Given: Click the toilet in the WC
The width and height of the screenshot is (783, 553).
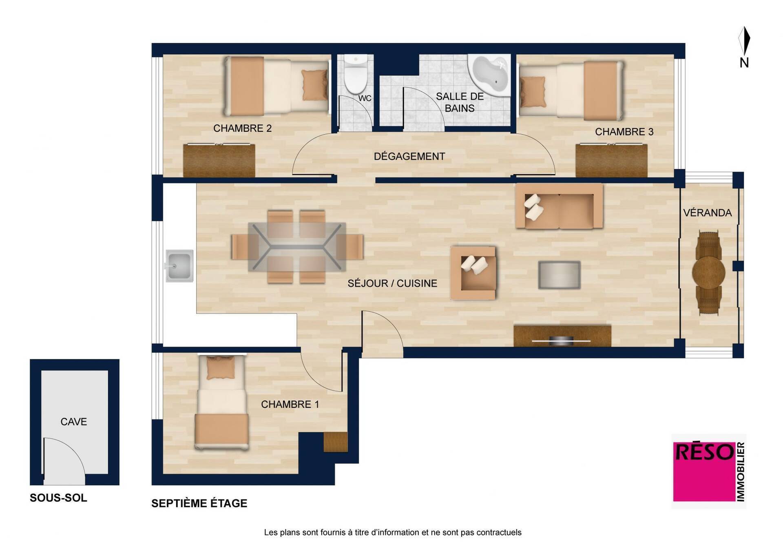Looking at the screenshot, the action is tap(356, 74).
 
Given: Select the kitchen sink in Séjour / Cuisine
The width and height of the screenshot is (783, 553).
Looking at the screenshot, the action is tap(179, 265).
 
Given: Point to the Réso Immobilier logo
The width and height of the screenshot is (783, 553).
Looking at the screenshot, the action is tap(709, 471).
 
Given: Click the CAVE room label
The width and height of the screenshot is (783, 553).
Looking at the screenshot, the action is tap(74, 422).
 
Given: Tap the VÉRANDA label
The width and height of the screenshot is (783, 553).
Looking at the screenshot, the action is tap(708, 212).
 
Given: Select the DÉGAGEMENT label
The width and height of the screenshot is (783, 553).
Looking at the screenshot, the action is tap(409, 156).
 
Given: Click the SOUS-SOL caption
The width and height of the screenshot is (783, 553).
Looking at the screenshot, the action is tap(58, 498).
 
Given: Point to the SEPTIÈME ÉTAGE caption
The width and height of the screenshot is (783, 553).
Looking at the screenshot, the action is tap(199, 503).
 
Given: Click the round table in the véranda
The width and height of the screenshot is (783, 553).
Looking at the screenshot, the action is tap(709, 272).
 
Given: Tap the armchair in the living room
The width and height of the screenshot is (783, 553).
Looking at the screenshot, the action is tap(473, 273).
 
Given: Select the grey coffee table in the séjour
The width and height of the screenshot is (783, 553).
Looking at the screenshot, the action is tap(559, 275).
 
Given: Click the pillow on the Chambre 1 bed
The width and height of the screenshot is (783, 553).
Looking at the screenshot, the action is tap(221, 368).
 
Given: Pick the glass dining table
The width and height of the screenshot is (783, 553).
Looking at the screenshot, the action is tap(297, 247).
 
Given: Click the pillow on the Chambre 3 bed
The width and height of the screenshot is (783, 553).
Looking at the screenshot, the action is tap(533, 92).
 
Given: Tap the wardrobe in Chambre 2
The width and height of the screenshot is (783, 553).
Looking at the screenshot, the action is tap(219, 160).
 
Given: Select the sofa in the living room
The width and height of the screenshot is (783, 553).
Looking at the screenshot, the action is tap(559, 206).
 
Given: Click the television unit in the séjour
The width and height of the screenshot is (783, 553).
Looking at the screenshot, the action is tap(562, 336).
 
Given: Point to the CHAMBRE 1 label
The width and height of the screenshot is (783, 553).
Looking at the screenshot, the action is tap(290, 404).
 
